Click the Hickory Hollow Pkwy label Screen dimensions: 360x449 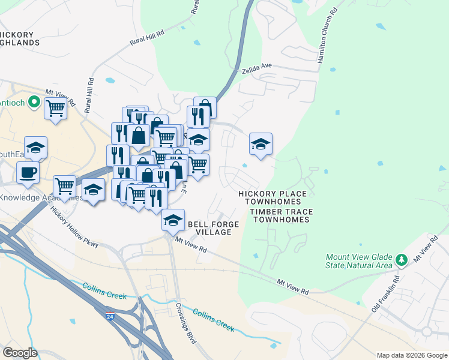(x=74, y=227)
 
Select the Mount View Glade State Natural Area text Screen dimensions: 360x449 (x=358, y=260)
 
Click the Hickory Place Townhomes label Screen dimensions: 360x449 (x=273, y=197)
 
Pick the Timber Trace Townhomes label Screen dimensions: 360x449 (x=280, y=215)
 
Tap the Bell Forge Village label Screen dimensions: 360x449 (x=214, y=228)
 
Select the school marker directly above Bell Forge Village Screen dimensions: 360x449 (x=173, y=220)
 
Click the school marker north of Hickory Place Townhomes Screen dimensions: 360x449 (x=261, y=144)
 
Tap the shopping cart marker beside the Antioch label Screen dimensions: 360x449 (x=55, y=109)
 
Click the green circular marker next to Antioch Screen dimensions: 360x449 (x=34, y=103)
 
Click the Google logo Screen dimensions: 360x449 (x=20, y=353)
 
